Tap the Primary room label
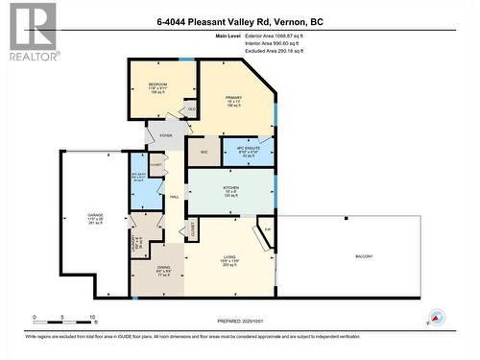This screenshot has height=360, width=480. pyautogui.click(x=232, y=98)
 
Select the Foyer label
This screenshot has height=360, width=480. pyautogui.click(x=165, y=136)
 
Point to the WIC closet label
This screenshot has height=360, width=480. pyautogui.click(x=204, y=152)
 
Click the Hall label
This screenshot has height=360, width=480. pyautogui.click(x=175, y=197)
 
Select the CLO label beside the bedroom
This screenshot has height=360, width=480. pyautogui.click(x=192, y=109)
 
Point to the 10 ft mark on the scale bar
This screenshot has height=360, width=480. pyautogui.click(x=93, y=317)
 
